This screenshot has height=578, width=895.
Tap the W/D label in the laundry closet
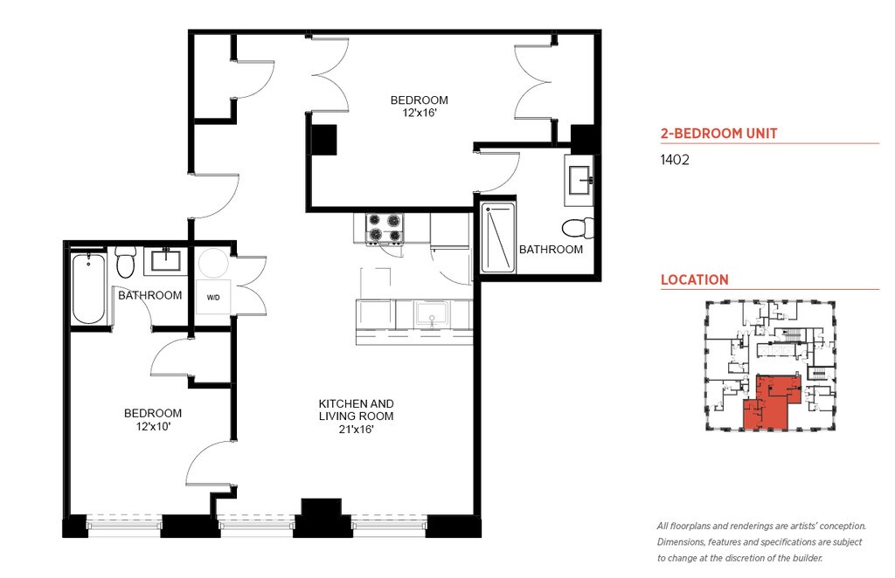click(x=213, y=298)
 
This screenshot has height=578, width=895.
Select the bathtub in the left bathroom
click(x=89, y=288)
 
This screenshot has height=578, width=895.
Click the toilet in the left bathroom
click(x=124, y=262)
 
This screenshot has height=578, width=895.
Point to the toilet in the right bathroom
click(x=579, y=228)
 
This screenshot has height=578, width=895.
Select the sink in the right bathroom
click(x=580, y=180)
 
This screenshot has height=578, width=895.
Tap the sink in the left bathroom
click(x=166, y=259)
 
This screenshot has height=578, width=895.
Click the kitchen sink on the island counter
click(x=433, y=314)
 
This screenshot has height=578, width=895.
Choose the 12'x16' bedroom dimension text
click(x=420, y=113)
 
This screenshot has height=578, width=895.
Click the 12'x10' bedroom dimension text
click(x=153, y=426)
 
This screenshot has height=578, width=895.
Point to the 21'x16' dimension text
click(x=357, y=430)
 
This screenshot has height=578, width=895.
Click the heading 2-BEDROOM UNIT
click(x=718, y=134)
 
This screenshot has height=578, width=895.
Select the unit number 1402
click(x=675, y=160)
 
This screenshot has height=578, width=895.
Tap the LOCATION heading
click(x=695, y=280)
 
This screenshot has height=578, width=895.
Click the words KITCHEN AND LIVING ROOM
click(x=357, y=409)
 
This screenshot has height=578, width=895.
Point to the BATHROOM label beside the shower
click(x=551, y=249)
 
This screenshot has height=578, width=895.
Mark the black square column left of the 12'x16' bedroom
click(x=323, y=140)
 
